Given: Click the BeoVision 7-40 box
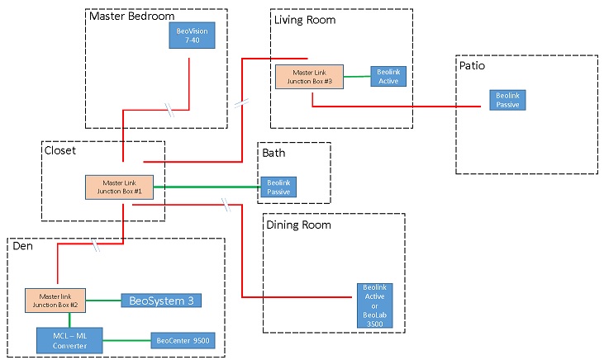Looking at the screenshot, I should tap(192, 36).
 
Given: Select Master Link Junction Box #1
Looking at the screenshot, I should tap(120, 187).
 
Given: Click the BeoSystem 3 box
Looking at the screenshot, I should tap(161, 301).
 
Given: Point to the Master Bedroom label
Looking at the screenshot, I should tap(132, 17).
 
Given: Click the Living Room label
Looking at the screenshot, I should tap(305, 19).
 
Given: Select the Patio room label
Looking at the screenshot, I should tap(473, 64).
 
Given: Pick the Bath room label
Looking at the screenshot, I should tap(275, 153).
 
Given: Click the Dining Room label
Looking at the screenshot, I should tap(298, 225).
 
